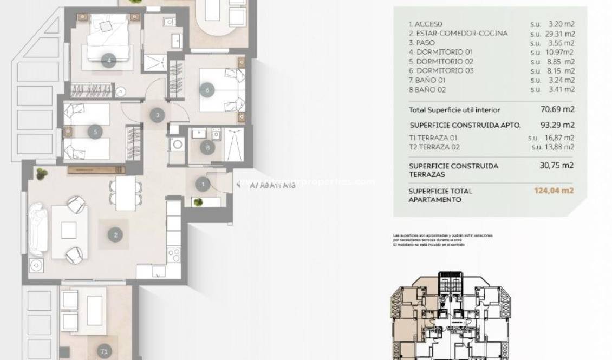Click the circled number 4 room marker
[109, 61]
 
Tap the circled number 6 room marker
[207, 90]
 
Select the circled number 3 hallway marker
[157, 115]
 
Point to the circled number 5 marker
[95, 131]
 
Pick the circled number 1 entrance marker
[203, 185]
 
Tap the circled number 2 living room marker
[115, 235]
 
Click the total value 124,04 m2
[554, 191]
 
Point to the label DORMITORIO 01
[438, 52]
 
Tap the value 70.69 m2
[557, 109]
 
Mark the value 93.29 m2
[557, 125]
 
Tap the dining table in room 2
[126, 193]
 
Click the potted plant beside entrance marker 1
[199, 202]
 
